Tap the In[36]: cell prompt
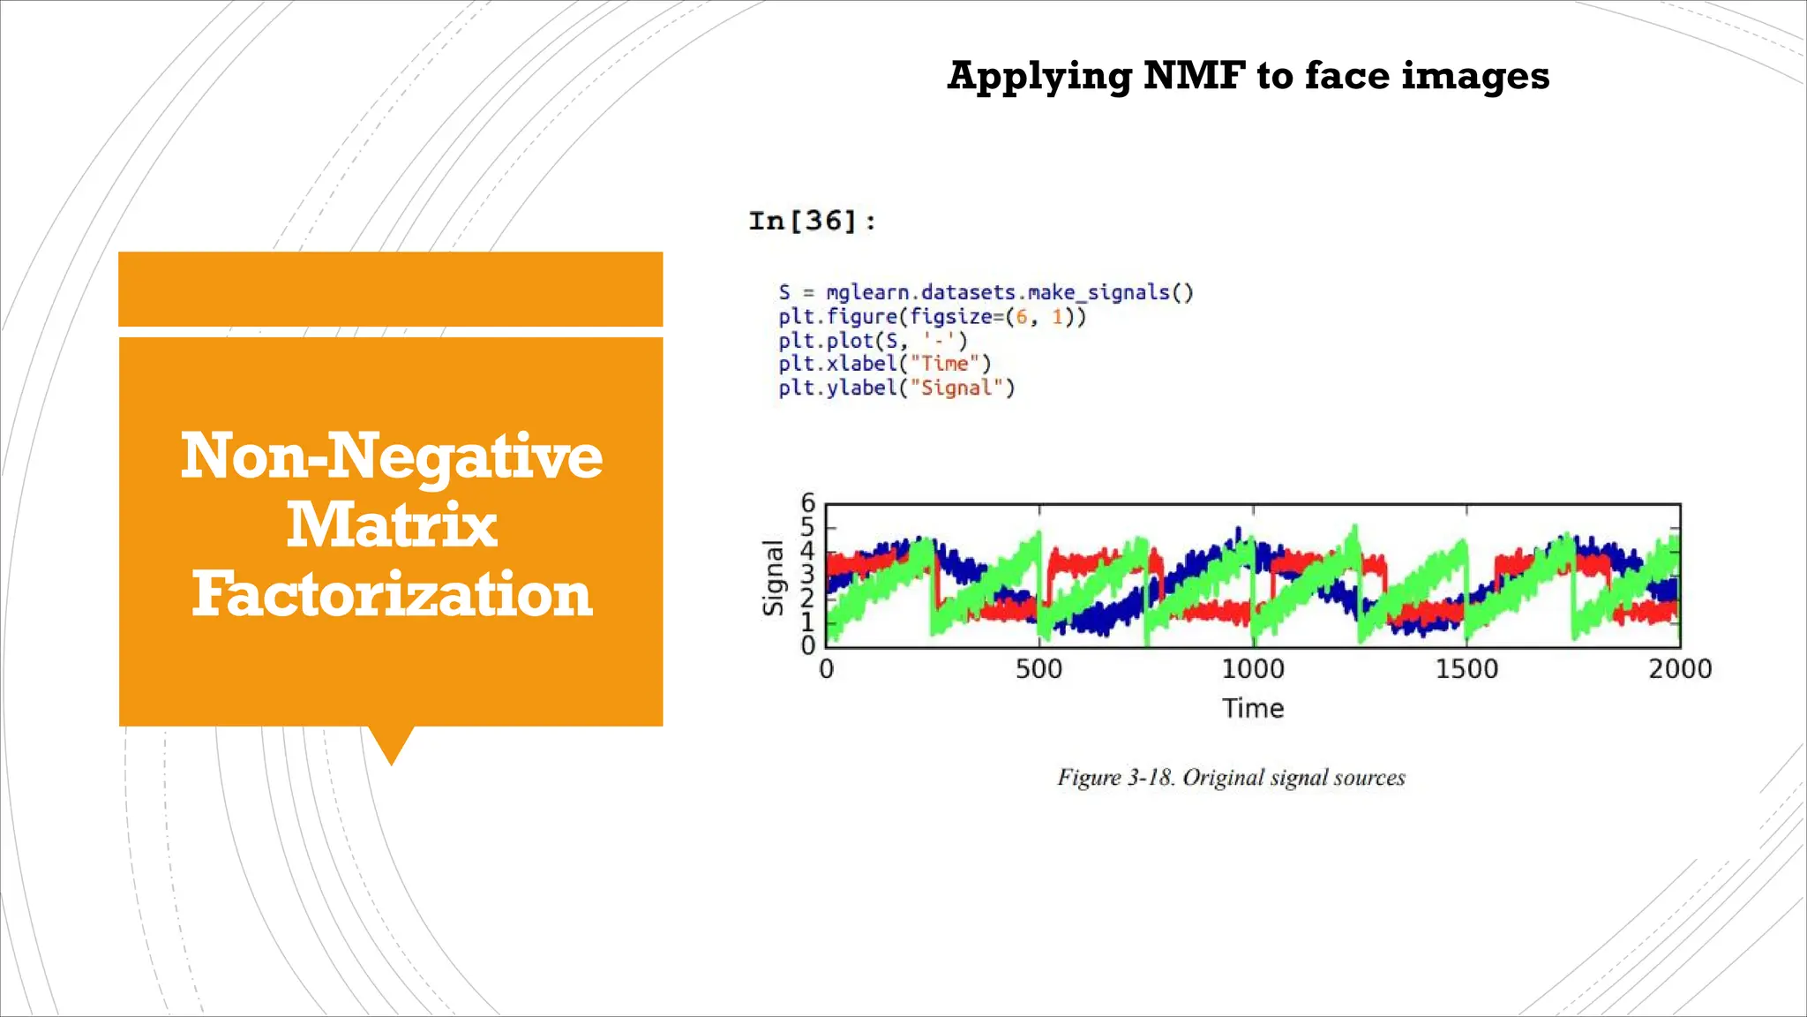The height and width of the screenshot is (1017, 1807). pyautogui.click(x=812, y=221)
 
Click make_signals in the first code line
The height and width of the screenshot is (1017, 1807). pyautogui.click(x=1098, y=292)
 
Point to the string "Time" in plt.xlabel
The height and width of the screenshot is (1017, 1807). pyautogui.click(x=945, y=364)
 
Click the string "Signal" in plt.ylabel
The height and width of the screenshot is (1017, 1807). pyautogui.click(x=957, y=388)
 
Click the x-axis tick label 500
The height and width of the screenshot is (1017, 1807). pyautogui.click(x=1038, y=669)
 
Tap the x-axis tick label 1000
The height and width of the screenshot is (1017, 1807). pyautogui.click(x=1252, y=669)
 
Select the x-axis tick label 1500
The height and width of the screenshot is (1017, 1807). pyautogui.click(x=1466, y=669)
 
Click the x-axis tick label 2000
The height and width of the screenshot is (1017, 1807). pyautogui.click(x=1679, y=669)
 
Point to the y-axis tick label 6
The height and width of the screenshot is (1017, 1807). pyautogui.click(x=807, y=502)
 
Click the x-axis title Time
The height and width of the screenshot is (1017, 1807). pyautogui.click(x=1252, y=708)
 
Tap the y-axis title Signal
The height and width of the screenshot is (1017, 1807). pyautogui.click(x=773, y=577)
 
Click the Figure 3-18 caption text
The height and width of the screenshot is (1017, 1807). pyautogui.click(x=1231, y=778)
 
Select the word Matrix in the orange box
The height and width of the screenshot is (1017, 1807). pyautogui.click(x=391, y=525)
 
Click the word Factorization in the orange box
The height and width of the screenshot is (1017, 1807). pyautogui.click(x=391, y=594)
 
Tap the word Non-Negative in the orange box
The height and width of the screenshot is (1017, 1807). pyautogui.click(x=391, y=456)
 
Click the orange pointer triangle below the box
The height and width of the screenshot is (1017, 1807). pyautogui.click(x=391, y=744)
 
